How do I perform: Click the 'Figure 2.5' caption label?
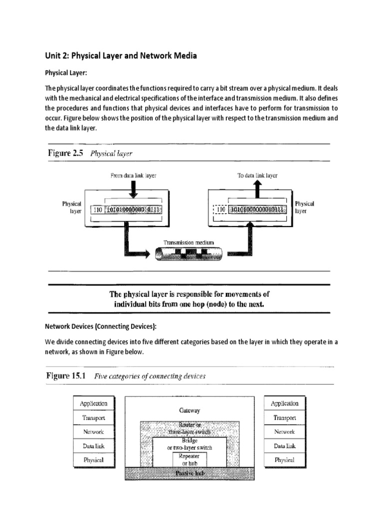(x=64, y=154)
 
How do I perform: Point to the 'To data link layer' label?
(x=257, y=175)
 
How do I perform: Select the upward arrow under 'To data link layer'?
(x=257, y=188)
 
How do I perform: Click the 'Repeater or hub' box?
(x=189, y=459)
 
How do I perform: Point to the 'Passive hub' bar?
(x=189, y=473)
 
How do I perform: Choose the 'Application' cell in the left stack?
(x=93, y=403)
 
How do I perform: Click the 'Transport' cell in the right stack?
(x=284, y=418)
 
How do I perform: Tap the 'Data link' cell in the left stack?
(x=93, y=446)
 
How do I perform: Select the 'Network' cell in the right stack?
(x=284, y=432)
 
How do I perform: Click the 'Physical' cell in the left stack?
(x=93, y=460)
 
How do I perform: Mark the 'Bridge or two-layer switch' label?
(x=189, y=444)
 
